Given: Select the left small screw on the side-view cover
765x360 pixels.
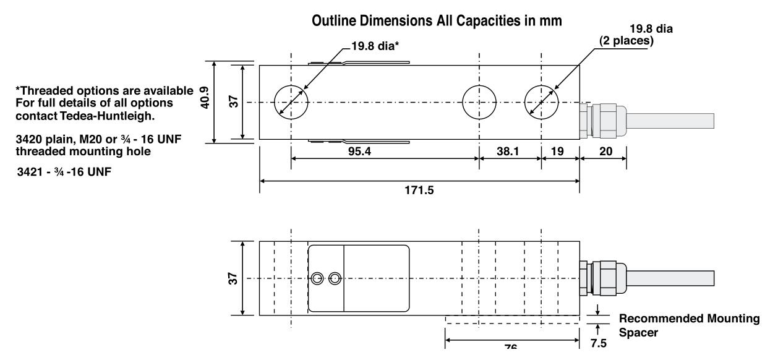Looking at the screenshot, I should pos(318,278).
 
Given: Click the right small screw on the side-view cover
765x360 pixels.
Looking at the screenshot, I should pos(335,278).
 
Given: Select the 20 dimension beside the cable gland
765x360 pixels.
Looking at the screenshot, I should pos(604,150).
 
